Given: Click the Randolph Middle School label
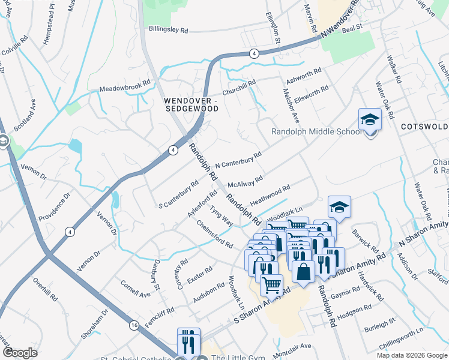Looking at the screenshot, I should pyautogui.click(x=316, y=131).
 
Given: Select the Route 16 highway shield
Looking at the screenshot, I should pyautogui.click(x=133, y=325).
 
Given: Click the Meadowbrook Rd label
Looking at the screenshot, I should pyautogui.click(x=121, y=86).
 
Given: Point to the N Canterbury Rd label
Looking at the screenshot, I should pyautogui.click(x=238, y=160).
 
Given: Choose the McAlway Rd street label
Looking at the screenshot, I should pyautogui.click(x=245, y=181).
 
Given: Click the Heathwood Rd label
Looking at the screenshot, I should pyautogui.click(x=270, y=197).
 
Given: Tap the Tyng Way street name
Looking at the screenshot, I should pyautogui.click(x=221, y=215).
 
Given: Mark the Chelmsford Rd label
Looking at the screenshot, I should pyautogui.click(x=214, y=233).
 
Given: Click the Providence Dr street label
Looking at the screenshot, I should pyautogui.click(x=55, y=206).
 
